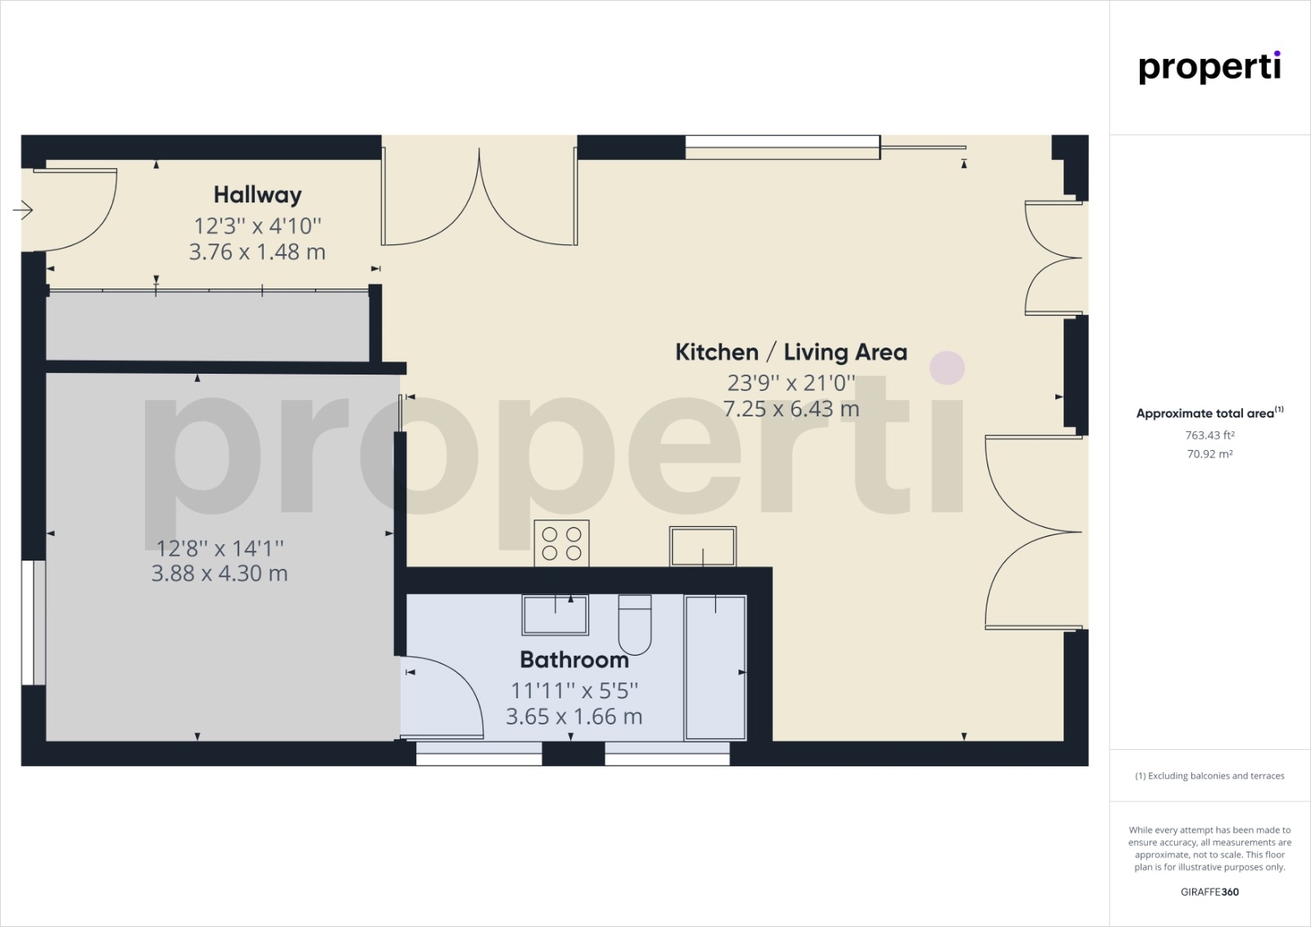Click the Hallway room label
point(257,195)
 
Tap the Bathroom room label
point(574,660)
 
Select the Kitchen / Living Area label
point(792,352)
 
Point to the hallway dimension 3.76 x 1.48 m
point(257,252)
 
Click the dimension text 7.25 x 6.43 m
point(792,409)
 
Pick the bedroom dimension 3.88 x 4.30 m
point(220,573)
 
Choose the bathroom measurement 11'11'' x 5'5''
point(574,691)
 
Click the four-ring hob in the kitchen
point(561,543)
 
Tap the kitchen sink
point(703,547)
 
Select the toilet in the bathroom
point(635,625)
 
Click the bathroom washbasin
point(555,614)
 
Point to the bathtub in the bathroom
point(715,667)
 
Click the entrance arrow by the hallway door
point(23,210)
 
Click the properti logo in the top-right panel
point(1209,68)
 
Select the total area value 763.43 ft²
point(1209,435)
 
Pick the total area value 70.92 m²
point(1209,454)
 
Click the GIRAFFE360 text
point(1209,892)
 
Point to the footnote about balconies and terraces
point(1209,776)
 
